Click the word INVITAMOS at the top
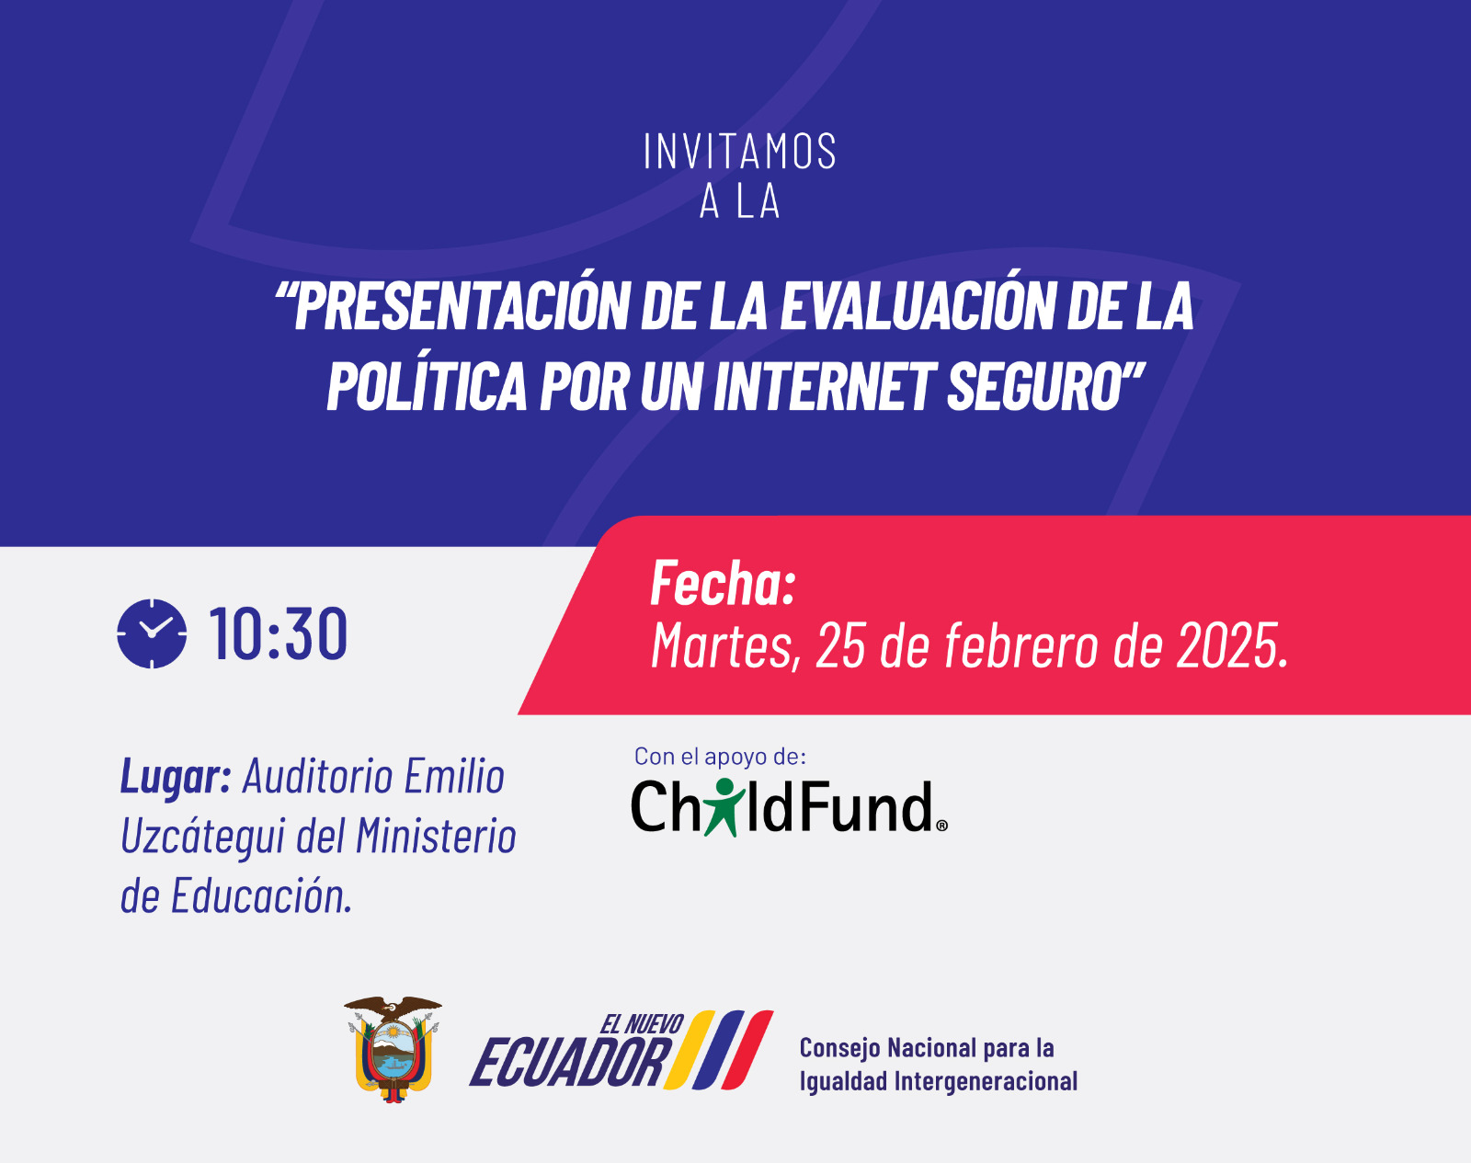[739, 151]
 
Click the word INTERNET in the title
[825, 385]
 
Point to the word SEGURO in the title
[1035, 385]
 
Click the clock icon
[152, 633]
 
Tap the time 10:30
[279, 633]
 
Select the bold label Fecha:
[723, 583]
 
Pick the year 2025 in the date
[1226, 644]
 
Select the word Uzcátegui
[203, 837]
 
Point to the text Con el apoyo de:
[721, 757]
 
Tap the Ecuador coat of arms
[393, 1050]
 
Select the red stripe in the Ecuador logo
[747, 1050]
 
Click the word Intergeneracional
[986, 1081]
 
